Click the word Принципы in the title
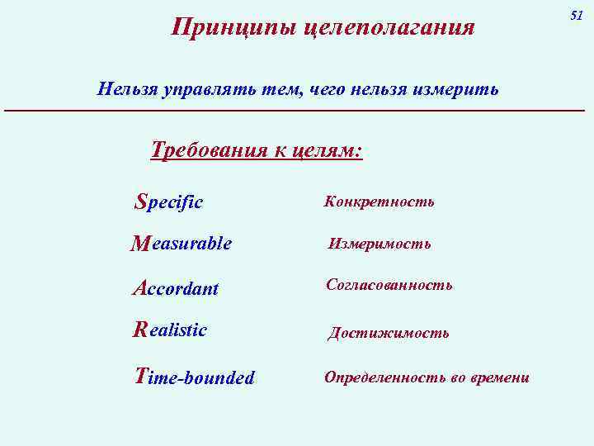(x=233, y=28)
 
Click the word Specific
(x=169, y=202)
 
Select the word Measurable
(x=181, y=244)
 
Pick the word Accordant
(x=176, y=288)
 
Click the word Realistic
(x=170, y=330)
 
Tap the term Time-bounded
(x=195, y=377)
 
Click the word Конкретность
(x=379, y=202)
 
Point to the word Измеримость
(x=379, y=244)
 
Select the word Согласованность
(x=389, y=285)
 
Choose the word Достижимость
(x=389, y=333)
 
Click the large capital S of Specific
(x=140, y=201)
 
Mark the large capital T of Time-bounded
(x=142, y=376)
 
